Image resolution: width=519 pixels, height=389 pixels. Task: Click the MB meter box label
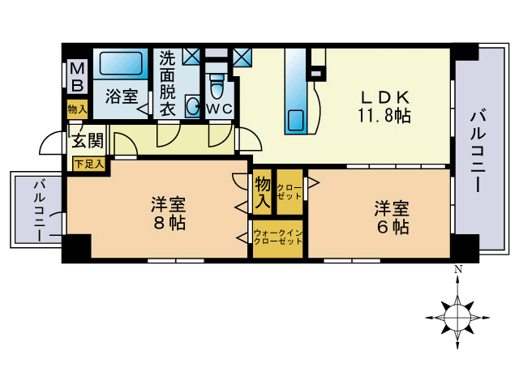(x=78, y=76)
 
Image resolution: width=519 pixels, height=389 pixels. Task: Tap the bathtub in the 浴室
(x=121, y=63)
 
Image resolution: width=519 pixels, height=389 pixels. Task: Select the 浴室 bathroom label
(x=122, y=96)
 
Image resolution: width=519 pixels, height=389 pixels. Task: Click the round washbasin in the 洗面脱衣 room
(x=193, y=106)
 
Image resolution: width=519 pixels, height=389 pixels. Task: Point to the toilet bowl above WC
(x=217, y=87)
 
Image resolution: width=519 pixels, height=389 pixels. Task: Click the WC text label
(x=219, y=109)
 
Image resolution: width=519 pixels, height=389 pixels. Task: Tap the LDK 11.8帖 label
(x=384, y=106)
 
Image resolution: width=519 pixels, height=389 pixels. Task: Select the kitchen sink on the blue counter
(x=295, y=121)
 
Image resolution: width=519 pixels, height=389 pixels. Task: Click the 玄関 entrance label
(x=88, y=141)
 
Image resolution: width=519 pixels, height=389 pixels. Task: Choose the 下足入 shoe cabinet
(x=88, y=164)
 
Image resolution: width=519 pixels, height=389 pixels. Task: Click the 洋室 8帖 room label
(x=169, y=213)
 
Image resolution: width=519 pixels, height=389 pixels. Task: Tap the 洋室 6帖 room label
(x=392, y=217)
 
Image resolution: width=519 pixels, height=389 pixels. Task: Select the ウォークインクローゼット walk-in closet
(x=277, y=239)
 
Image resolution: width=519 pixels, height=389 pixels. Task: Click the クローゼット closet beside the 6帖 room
(x=290, y=192)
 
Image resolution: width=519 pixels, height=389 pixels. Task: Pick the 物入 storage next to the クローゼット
(x=263, y=192)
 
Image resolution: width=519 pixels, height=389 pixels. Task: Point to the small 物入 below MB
(x=78, y=109)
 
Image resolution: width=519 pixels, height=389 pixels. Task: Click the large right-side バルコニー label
(x=478, y=152)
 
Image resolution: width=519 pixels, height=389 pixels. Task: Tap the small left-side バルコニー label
(x=40, y=211)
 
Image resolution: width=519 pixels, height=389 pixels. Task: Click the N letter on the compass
(x=457, y=270)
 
